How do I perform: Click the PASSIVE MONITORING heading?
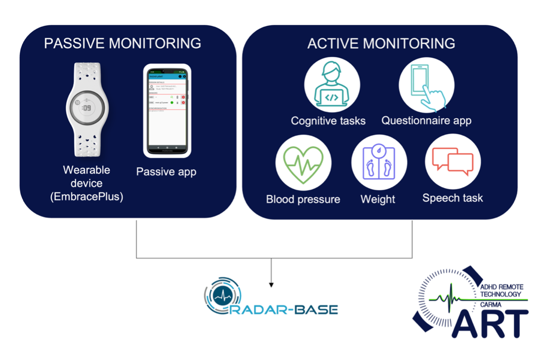click(122, 43)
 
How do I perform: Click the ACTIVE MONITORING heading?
click(381, 43)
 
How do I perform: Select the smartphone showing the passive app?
click(165, 111)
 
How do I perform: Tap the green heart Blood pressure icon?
click(304, 162)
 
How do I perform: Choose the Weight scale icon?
click(379, 162)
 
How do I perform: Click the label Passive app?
click(166, 172)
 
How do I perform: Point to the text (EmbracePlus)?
click(87, 197)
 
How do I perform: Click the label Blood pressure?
click(303, 199)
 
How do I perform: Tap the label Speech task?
click(453, 198)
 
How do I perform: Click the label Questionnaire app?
click(426, 121)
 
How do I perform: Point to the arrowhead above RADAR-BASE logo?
click(271, 284)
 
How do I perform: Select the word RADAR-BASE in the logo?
click(290, 310)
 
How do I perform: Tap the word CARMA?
click(491, 305)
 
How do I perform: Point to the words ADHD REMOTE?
click(501, 287)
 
